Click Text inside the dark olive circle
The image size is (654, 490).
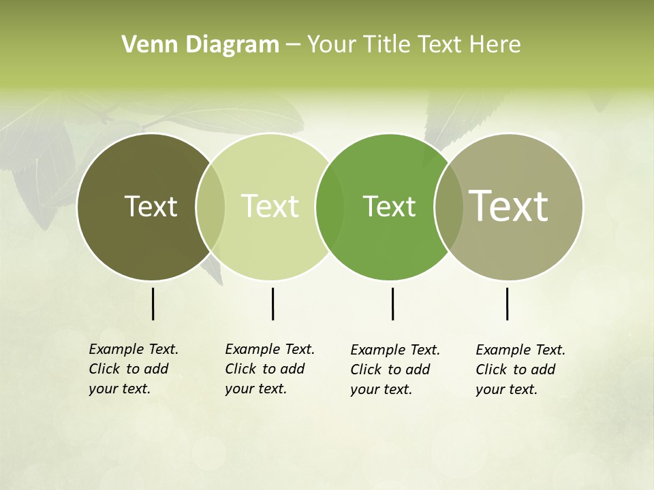(x=151, y=206)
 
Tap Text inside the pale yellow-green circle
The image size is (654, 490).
(x=270, y=206)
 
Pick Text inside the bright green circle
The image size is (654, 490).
(x=389, y=206)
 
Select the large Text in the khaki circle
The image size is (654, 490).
(x=509, y=206)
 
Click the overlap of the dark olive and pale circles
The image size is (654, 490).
(x=211, y=207)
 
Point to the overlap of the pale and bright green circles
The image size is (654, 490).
(x=330, y=207)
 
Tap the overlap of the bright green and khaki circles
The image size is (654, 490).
(x=449, y=207)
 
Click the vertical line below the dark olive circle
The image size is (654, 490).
(x=153, y=304)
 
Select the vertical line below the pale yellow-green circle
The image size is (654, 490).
(x=272, y=304)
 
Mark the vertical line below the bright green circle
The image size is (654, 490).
(x=392, y=304)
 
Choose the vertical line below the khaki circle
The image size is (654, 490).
(x=507, y=304)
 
